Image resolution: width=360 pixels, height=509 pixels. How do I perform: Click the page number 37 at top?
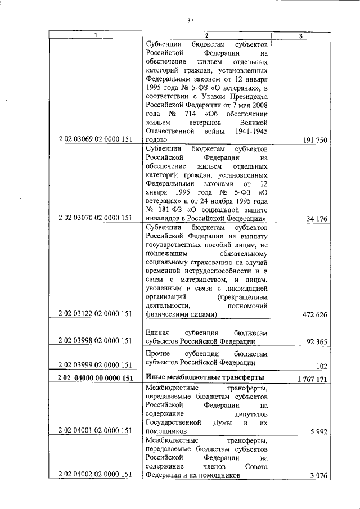(x=190, y=21)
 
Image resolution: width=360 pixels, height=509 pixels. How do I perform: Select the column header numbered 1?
(x=95, y=35)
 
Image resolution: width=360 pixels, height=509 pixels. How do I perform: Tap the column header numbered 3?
(x=301, y=35)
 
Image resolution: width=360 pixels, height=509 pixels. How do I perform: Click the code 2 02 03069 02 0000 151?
(x=95, y=139)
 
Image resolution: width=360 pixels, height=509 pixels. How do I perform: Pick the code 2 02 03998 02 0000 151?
(x=95, y=340)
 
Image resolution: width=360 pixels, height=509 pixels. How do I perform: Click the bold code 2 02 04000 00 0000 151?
(x=95, y=378)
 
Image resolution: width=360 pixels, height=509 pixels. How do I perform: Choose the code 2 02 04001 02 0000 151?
(x=95, y=430)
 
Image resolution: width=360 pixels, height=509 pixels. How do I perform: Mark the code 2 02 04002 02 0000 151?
(x=95, y=474)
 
